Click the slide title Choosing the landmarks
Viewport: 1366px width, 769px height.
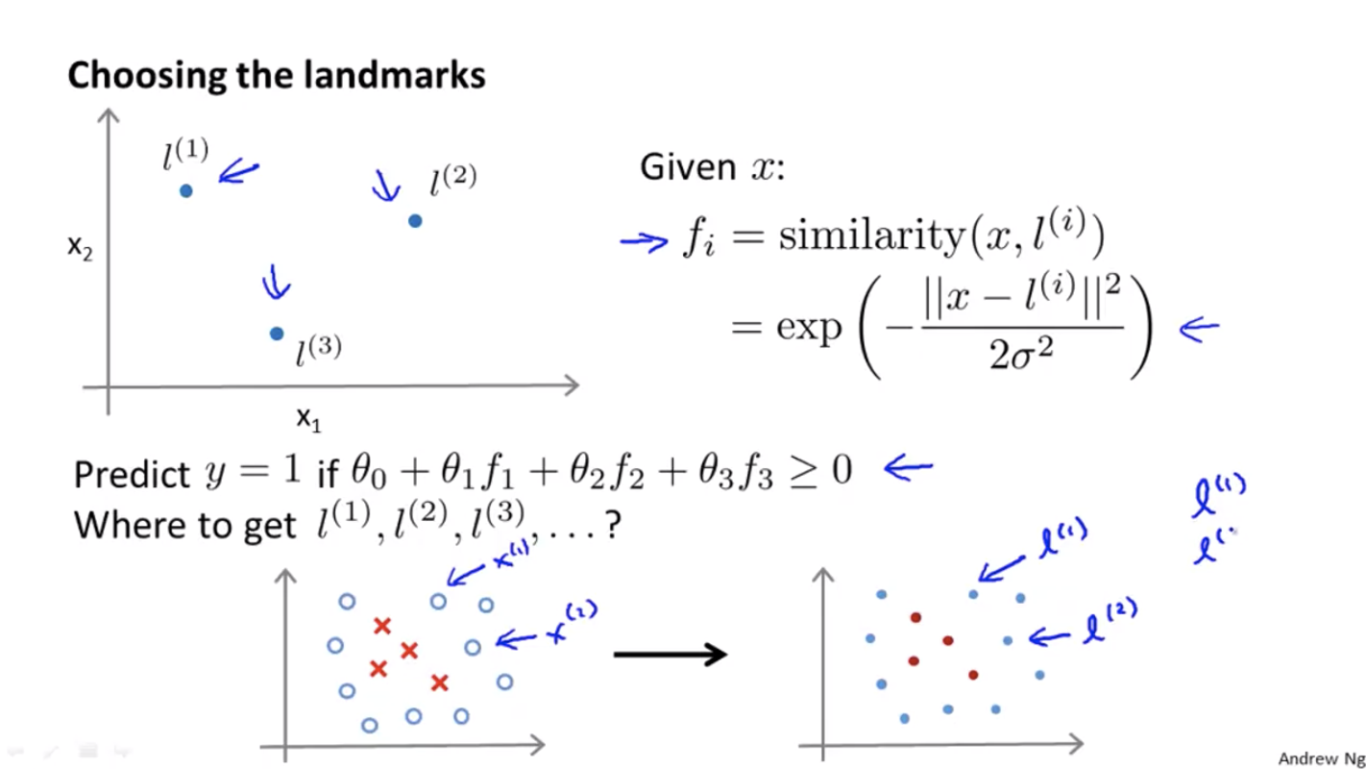pos(276,75)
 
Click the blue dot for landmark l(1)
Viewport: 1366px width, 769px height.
pos(186,190)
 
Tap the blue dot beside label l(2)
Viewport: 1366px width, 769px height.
pos(415,221)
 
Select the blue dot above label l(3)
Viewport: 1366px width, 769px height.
pos(277,334)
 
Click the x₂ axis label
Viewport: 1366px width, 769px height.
pos(80,247)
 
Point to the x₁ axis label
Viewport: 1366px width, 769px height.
pos(306,418)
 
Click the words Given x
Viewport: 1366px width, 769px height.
pos(712,168)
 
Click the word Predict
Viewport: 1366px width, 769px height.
pos(132,474)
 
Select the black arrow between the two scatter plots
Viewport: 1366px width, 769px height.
pos(670,656)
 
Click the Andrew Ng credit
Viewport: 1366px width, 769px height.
pos(1321,759)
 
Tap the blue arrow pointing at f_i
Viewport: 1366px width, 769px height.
pos(644,241)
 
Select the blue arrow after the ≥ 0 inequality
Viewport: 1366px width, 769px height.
pos(908,468)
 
